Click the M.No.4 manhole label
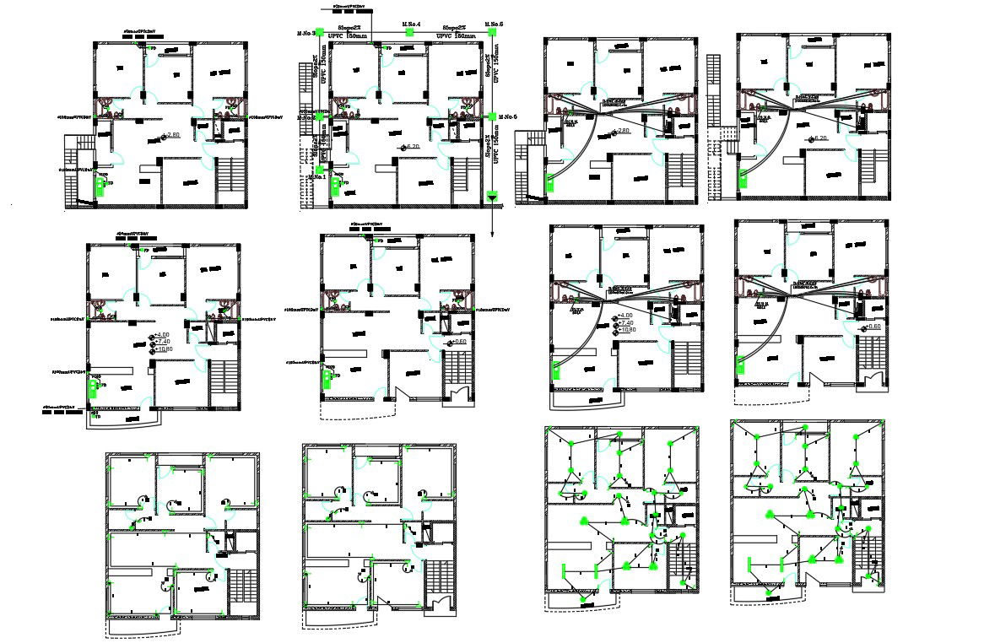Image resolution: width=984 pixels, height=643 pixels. coord(412,24)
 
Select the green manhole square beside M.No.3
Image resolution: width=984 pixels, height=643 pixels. coord(319,33)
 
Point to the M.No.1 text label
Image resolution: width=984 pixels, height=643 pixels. coord(317,177)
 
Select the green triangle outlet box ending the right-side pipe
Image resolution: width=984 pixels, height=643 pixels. coord(492,197)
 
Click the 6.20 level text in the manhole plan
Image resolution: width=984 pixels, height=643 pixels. coord(414,147)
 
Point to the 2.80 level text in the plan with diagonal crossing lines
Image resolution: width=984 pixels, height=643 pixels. coord(623,132)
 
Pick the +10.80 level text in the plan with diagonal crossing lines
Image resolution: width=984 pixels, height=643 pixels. coord(625,330)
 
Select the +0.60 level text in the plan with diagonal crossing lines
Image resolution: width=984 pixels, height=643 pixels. coord(873,327)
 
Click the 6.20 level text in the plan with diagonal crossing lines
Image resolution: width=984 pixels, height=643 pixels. coord(819,138)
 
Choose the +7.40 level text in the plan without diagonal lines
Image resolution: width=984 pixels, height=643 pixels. coord(164,343)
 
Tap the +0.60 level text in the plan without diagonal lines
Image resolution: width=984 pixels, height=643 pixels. coord(459,342)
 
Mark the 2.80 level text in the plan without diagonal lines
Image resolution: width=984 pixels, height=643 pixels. coord(174,136)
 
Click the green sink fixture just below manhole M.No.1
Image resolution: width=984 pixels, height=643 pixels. coord(336,183)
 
